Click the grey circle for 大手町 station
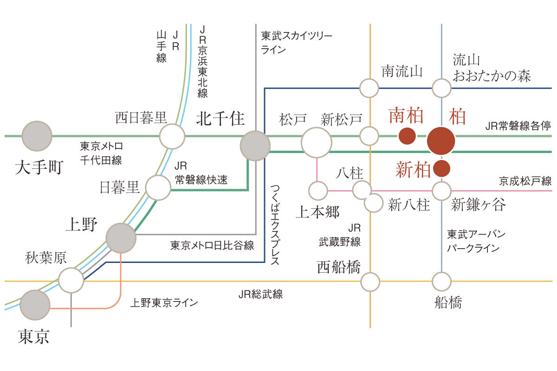tap(37, 136)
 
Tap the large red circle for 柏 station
tap(440, 141)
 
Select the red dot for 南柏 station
tap(407, 136)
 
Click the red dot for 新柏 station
tap(441, 168)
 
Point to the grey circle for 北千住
tap(255, 145)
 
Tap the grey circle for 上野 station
tap(121, 238)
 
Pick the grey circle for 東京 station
tap(35, 305)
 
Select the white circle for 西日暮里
tap(172, 136)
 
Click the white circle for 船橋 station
tap(441, 281)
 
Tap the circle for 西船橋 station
tap(370, 281)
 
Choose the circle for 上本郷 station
tap(318, 191)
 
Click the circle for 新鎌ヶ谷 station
tap(441, 191)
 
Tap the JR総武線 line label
tap(260, 294)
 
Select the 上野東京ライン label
tap(164, 303)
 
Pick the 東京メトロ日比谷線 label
tap(212, 246)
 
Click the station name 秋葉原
tap(47, 258)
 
